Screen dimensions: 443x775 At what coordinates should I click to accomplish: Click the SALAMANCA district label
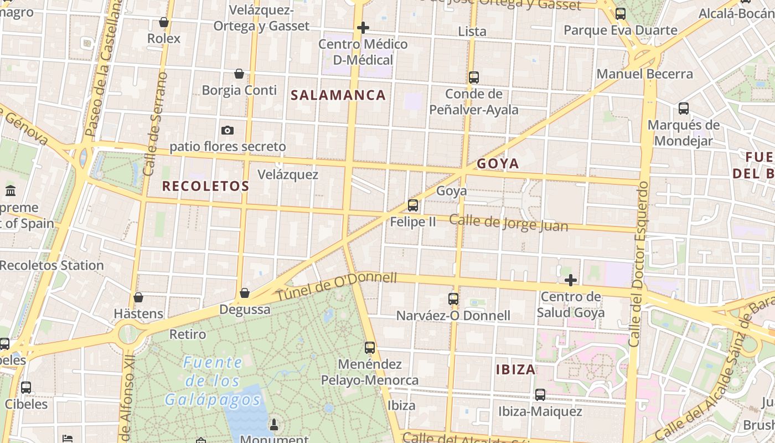pos(338,95)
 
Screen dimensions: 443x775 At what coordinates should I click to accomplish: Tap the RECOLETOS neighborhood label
pos(205,186)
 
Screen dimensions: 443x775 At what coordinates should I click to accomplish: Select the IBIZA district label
pos(515,369)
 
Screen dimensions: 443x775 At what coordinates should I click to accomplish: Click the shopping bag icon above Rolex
pos(163,22)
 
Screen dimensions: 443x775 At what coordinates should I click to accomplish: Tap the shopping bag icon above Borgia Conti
pos(239,74)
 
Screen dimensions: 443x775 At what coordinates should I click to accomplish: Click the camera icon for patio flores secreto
pos(227,131)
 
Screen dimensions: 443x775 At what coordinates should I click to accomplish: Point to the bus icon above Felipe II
pos(413,205)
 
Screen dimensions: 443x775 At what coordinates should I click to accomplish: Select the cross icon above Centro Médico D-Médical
pos(363,27)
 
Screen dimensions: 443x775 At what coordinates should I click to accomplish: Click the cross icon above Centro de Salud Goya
pos(570,280)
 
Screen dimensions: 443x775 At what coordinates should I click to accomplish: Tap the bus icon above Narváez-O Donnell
pos(453,299)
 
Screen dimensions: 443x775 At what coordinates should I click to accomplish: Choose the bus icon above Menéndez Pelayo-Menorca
pos(370,348)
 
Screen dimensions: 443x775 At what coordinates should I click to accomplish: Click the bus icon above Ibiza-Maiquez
pos(540,395)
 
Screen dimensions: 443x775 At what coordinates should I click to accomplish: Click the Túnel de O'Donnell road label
pos(337,286)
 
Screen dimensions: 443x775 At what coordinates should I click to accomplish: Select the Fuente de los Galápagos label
pos(213,381)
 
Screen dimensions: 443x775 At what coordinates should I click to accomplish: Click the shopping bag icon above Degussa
pos(245,292)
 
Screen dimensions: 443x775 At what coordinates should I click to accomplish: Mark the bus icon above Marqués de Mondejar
pos(684,109)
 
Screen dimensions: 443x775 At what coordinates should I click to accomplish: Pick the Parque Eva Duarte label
pos(620,30)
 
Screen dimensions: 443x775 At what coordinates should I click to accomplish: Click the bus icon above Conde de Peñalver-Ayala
pos(474,78)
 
